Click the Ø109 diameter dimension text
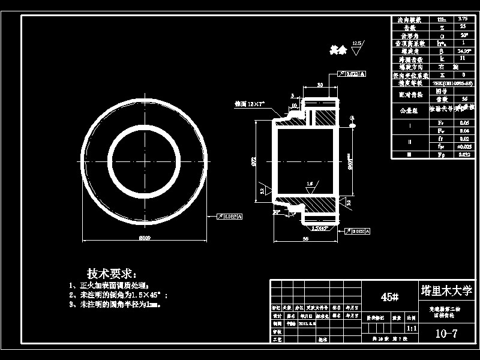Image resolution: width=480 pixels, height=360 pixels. coord(144,238)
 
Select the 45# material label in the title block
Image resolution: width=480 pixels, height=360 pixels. coord(389,297)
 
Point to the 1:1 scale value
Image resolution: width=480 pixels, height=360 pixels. coord(412,329)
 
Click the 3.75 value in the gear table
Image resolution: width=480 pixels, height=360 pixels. coord(462,19)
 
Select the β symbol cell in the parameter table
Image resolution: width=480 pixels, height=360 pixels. coord(442,52)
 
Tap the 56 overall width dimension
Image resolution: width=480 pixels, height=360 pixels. coord(306,239)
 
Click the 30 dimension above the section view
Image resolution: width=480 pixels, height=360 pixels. coord(320,85)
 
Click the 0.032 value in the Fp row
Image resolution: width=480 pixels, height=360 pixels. coord(462,154)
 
